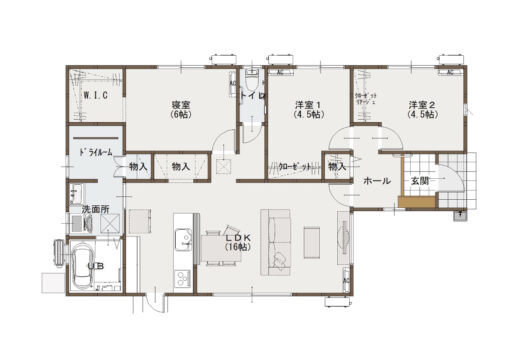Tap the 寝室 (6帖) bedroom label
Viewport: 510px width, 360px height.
[181, 108]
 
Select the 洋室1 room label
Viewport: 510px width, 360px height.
[307, 109]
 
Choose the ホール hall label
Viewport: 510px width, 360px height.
[377, 181]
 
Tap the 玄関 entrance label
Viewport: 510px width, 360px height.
[419, 181]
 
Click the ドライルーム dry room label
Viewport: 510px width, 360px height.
[94, 151]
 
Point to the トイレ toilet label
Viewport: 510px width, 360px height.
[250, 95]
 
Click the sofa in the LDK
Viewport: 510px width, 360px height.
[275, 240]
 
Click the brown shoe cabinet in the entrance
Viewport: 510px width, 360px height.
[411, 202]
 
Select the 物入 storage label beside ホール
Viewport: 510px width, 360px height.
[337, 166]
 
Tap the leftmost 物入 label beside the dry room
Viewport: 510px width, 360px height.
[138, 166]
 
